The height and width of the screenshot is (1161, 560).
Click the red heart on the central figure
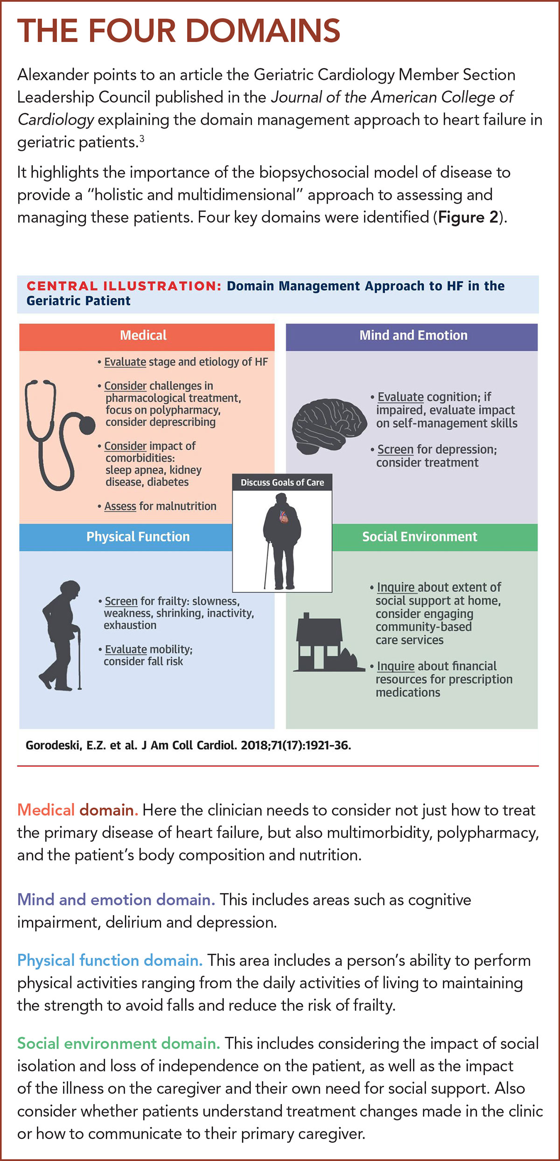coord(284,516)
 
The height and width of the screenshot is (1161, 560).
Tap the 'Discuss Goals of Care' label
coord(282,482)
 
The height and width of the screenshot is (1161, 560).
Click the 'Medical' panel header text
coord(143,335)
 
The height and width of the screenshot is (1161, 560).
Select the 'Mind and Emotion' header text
coord(413,335)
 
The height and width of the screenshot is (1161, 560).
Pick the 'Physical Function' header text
coord(138,537)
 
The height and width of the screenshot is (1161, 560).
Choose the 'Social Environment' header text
coord(420,537)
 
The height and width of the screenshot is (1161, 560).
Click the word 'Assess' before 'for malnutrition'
coord(120,506)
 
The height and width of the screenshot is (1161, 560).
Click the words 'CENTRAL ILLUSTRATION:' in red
coord(124,286)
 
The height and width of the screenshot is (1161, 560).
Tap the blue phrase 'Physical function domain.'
coord(110,960)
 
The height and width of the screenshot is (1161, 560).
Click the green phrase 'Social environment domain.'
coord(119,1043)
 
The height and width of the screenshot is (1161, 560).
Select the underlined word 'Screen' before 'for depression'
coord(395,449)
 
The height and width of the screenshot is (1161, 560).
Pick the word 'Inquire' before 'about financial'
coord(395,666)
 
